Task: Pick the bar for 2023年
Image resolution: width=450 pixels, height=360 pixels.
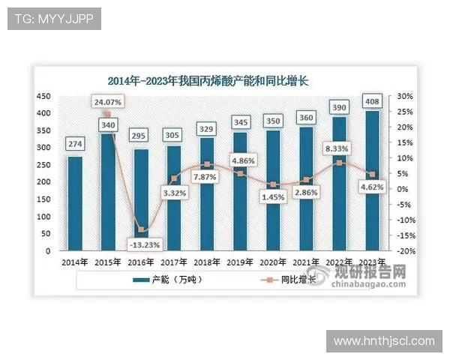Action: click(372, 180)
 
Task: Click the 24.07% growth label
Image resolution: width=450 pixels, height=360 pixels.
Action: click(107, 100)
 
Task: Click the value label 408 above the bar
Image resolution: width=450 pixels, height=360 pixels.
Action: click(372, 100)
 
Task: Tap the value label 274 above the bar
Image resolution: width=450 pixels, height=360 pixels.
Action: click(75, 144)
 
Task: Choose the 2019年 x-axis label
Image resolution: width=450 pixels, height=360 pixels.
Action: click(238, 262)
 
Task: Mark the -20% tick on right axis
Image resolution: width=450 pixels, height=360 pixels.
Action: click(404, 251)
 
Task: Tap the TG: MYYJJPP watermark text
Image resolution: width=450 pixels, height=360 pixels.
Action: click(54, 19)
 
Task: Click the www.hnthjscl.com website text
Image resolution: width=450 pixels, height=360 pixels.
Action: click(383, 341)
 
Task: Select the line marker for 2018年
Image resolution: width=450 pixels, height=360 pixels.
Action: click(206, 164)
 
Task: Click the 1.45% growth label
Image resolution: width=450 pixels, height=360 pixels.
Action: click(274, 196)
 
